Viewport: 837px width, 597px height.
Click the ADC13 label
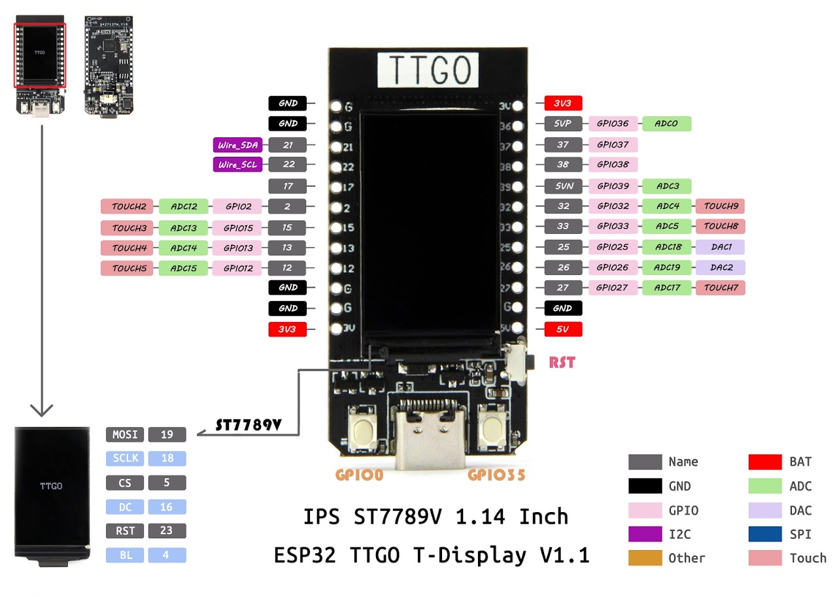pyautogui.click(x=183, y=228)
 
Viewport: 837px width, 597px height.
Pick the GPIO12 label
pyautogui.click(x=237, y=268)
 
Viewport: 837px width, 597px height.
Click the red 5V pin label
pyautogui.click(x=562, y=329)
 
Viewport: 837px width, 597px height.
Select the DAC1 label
pyautogui.click(x=720, y=247)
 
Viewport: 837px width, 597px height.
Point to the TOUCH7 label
pyautogui.click(x=720, y=287)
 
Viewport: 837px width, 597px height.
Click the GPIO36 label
pyautogui.click(x=613, y=123)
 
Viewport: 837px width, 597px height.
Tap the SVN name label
pyautogui.click(x=563, y=186)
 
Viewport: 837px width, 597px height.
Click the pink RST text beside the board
pyautogui.click(x=562, y=362)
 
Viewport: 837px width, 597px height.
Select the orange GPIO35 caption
pyautogui.click(x=496, y=475)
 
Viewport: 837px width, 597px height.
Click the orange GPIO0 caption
pyautogui.click(x=359, y=475)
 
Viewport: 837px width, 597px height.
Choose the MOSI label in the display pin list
pyautogui.click(x=125, y=434)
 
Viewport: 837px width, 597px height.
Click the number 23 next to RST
pyautogui.click(x=167, y=531)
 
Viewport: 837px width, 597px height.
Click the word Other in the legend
pyautogui.click(x=687, y=558)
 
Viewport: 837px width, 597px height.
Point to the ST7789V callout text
pyautogui.click(x=248, y=425)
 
